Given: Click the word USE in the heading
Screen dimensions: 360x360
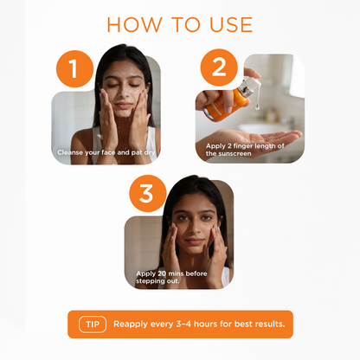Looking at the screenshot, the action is coord(231,24).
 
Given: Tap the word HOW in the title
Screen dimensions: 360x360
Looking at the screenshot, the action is coord(134,24).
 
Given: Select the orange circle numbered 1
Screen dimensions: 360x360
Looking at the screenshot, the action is coord(74,69).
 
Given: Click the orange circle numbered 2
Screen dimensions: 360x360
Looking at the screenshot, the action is coord(219,67).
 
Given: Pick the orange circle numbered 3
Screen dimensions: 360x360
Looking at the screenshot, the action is coord(148,193).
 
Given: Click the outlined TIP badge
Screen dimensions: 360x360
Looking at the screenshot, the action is coord(93,325).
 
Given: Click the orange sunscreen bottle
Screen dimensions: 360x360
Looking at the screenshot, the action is coord(227,105).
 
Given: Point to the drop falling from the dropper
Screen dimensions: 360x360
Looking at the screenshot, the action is coord(257,107).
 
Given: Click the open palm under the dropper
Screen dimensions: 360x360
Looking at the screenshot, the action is coord(254,139).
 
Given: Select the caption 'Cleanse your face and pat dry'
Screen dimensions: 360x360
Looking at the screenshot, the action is coord(106,152).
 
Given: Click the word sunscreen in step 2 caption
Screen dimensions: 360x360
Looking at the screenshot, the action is coord(235,154).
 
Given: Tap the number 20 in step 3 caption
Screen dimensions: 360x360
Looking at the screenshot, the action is coord(161,273).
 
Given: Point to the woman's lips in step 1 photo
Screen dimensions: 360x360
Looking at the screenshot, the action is coord(123,106).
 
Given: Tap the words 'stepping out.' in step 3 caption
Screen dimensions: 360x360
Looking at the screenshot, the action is coord(157,281).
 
